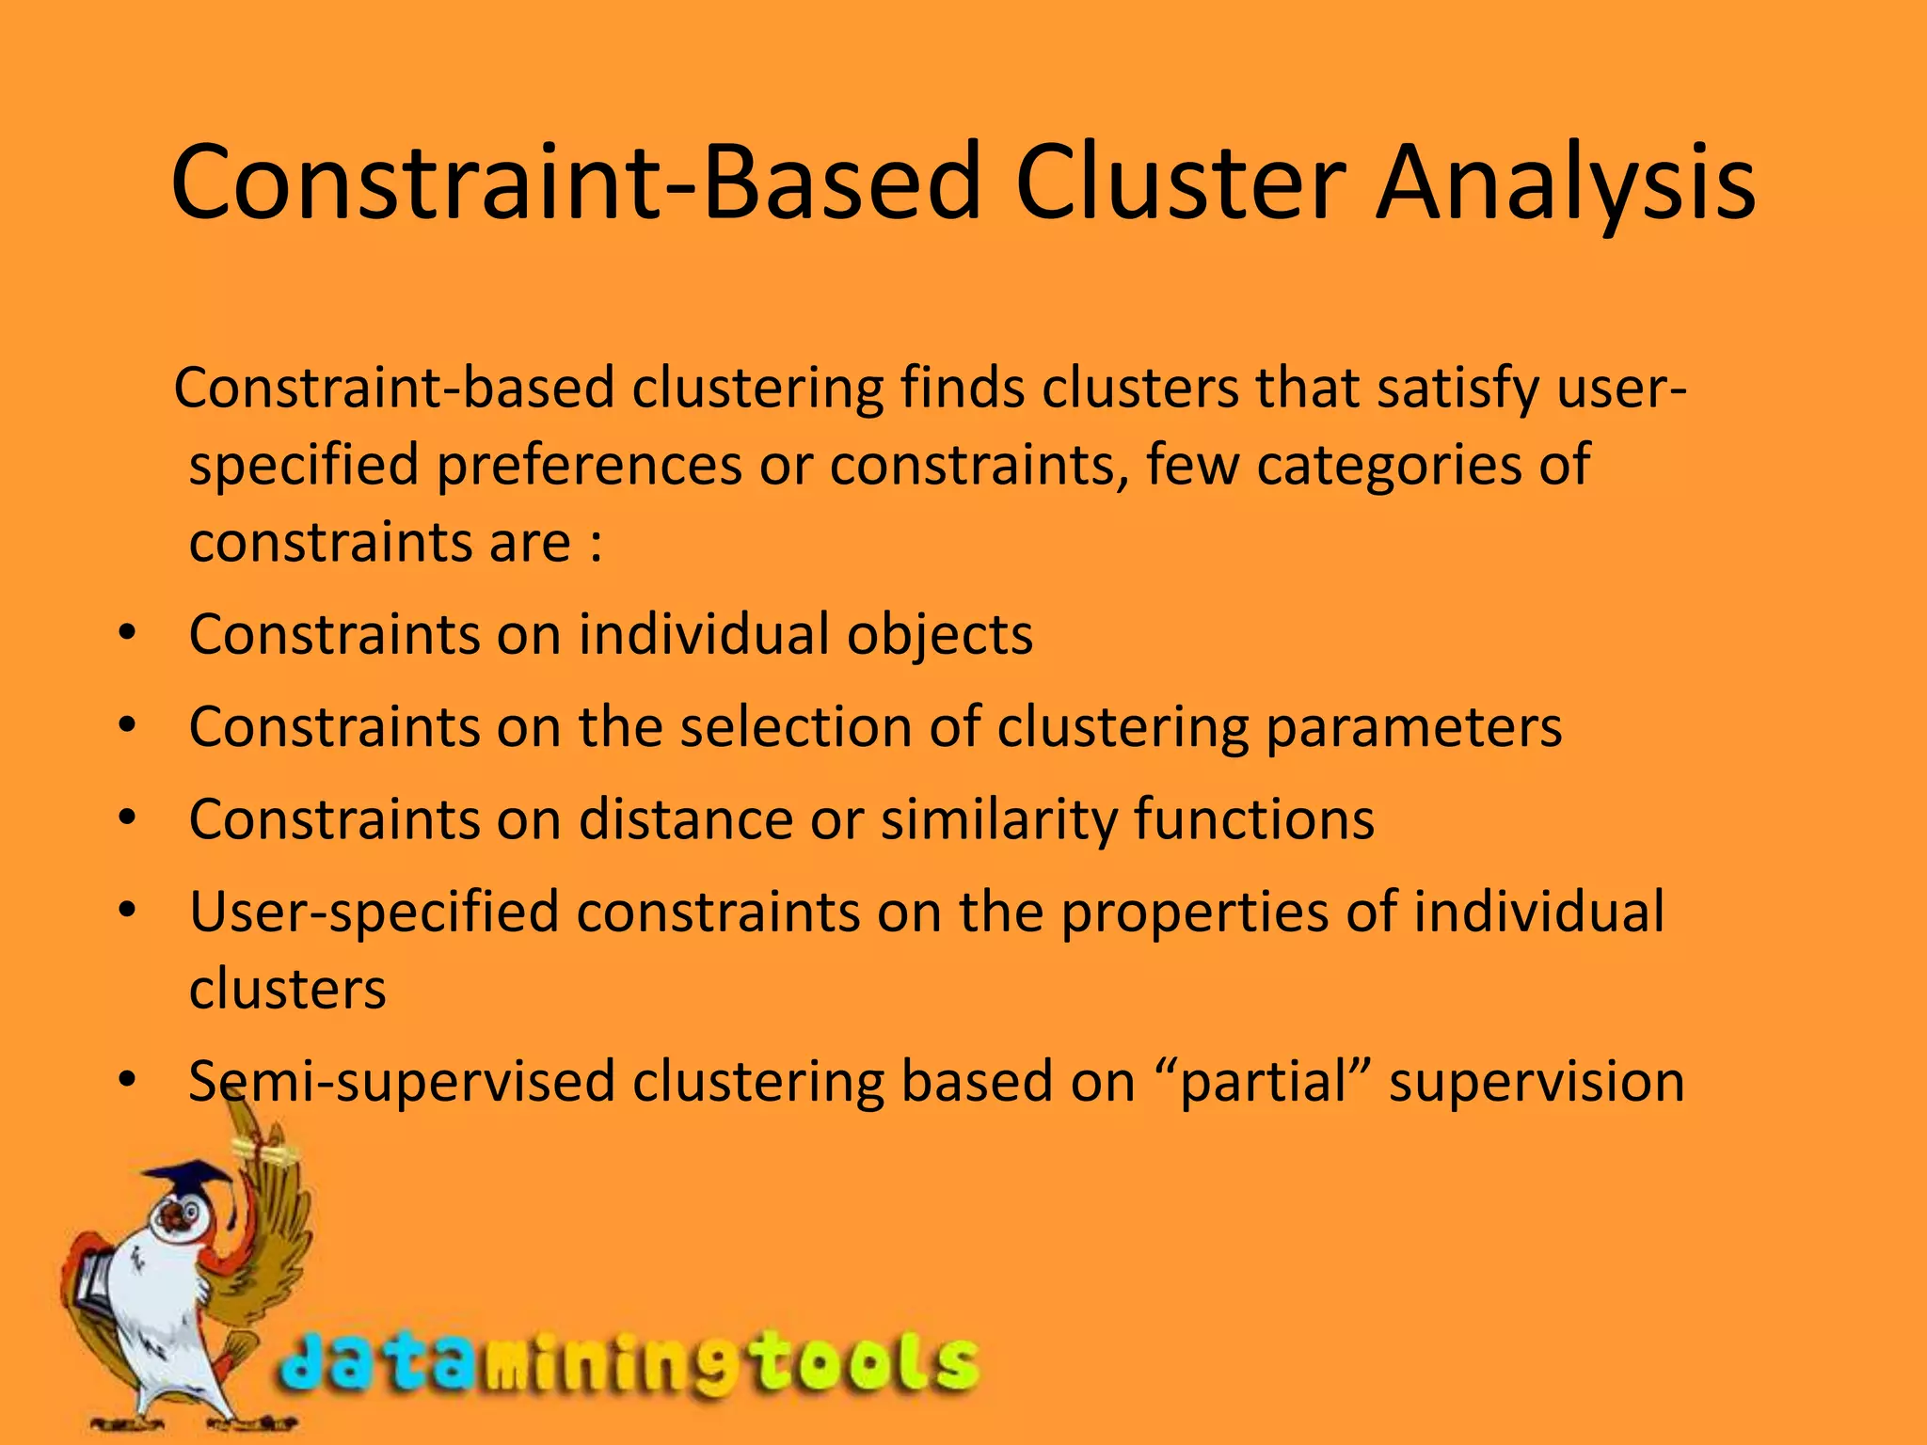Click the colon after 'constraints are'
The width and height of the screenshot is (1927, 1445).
pos(596,544)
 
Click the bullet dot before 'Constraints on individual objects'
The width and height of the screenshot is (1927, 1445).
pos(128,634)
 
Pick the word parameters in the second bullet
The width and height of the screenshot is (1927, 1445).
pos(1413,727)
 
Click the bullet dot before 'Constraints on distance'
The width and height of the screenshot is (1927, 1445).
pos(128,819)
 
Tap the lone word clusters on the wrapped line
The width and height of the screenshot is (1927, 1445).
pos(287,989)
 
